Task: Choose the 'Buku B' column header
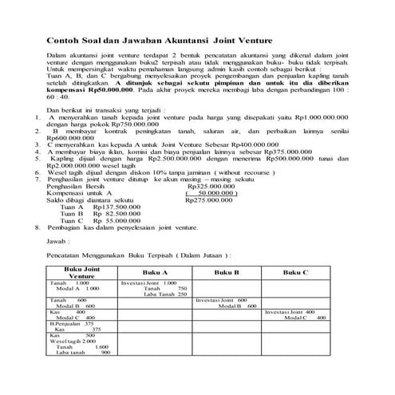coord(226,272)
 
